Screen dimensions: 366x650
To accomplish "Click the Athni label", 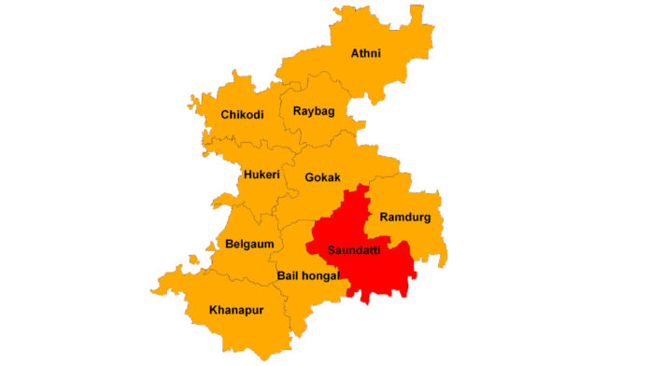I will (366, 53).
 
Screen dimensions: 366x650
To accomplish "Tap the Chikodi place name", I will (242, 115).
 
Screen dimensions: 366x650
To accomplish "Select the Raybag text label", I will (314, 111).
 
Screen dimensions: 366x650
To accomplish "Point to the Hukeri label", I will (261, 175).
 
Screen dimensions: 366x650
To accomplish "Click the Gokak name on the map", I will (323, 177).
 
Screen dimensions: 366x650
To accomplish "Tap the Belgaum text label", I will (249, 244).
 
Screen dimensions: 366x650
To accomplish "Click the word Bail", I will (290, 275).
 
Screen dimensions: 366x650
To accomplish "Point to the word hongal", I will (321, 275).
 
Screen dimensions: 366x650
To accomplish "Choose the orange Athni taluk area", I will (374, 79).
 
